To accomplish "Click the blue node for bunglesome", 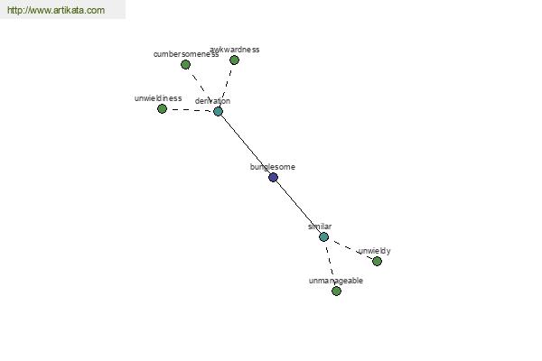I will (273, 178).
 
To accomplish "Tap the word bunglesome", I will (273, 167).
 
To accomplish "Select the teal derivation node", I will (218, 112).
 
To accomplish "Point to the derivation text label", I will (212, 101).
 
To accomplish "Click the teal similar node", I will (323, 236).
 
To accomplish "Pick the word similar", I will (320, 227).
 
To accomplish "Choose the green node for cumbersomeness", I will (185, 65).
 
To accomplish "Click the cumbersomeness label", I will (185, 54).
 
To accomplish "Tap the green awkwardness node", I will (234, 60).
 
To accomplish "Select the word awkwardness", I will (235, 50).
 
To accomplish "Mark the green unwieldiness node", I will (162, 109).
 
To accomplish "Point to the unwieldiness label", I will (158, 98).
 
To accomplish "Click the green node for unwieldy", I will (377, 262).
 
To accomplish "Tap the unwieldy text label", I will (374, 251).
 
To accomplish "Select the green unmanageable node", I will (336, 291).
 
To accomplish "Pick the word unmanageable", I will (336, 281).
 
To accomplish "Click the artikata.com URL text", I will (55, 11).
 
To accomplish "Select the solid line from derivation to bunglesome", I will (245, 144).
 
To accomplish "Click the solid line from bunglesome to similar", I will (298, 208).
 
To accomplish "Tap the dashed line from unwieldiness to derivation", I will (190, 110).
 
